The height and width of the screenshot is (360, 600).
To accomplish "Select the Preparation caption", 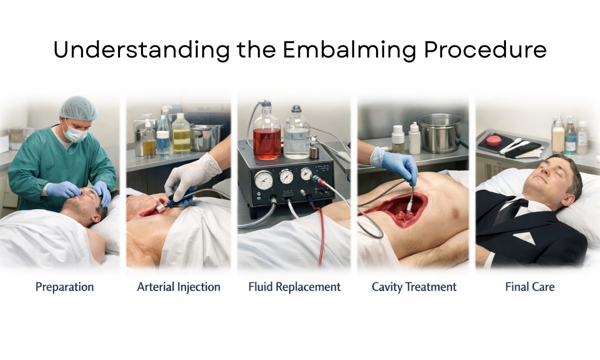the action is (64, 287).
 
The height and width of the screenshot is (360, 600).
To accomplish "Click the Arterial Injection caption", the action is (178, 287).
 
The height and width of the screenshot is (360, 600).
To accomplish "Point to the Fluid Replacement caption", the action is (294, 287).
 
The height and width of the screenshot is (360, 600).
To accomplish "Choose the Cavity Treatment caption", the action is (414, 287).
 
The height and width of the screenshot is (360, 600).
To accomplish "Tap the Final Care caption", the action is (530, 287).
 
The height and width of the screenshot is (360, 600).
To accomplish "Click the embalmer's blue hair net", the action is (78, 108).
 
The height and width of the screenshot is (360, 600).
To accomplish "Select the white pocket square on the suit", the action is (523, 238).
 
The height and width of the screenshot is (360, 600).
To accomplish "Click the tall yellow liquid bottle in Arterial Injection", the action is (181, 133).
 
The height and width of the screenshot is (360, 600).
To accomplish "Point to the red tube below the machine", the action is (320, 235).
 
